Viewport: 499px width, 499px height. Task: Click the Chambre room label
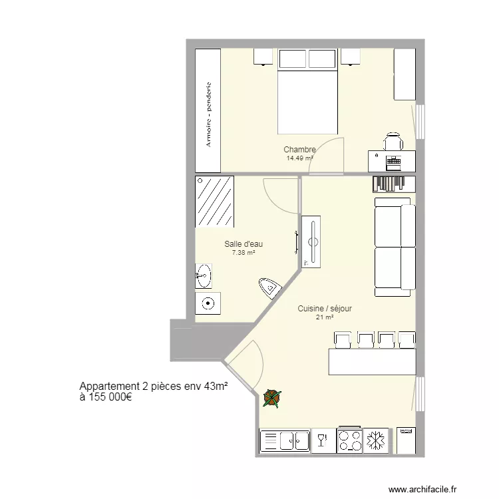coord(299,150)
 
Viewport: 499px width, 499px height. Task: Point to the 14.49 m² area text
coord(299,158)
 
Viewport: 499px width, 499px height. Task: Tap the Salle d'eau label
coord(243,244)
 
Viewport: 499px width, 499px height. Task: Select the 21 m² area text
coord(324,317)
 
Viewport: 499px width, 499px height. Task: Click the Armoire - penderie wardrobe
coord(208,110)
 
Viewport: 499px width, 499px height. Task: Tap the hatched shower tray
coord(214,201)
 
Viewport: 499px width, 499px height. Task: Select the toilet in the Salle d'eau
coord(268,287)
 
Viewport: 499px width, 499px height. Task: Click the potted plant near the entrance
coord(271,398)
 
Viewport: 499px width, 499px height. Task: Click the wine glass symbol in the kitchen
coord(323,440)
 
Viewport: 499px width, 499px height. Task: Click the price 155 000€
coord(106,398)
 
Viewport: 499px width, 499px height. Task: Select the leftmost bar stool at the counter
coord(343,340)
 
